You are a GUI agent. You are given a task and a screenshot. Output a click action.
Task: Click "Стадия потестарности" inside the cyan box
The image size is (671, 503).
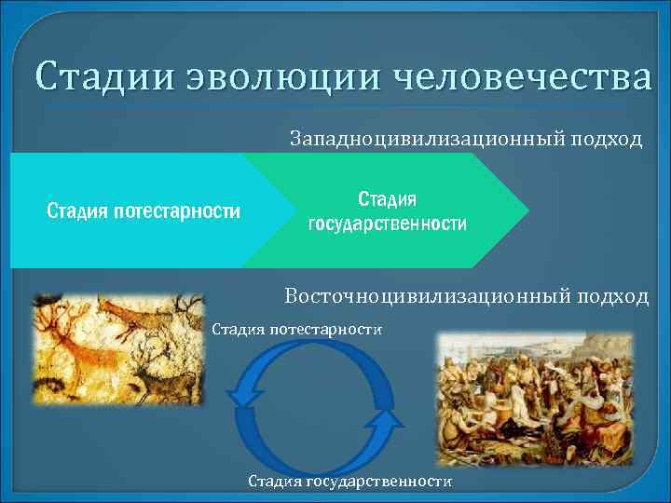click(144, 211)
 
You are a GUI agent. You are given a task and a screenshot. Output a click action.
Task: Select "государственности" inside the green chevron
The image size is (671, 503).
click(388, 224)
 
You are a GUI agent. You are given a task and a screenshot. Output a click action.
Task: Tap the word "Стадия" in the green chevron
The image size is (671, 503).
click(388, 199)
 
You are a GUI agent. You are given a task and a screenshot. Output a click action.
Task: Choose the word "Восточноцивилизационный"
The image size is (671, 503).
click(433, 296)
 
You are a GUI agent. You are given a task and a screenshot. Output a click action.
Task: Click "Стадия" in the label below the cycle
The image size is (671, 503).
click(274, 482)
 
